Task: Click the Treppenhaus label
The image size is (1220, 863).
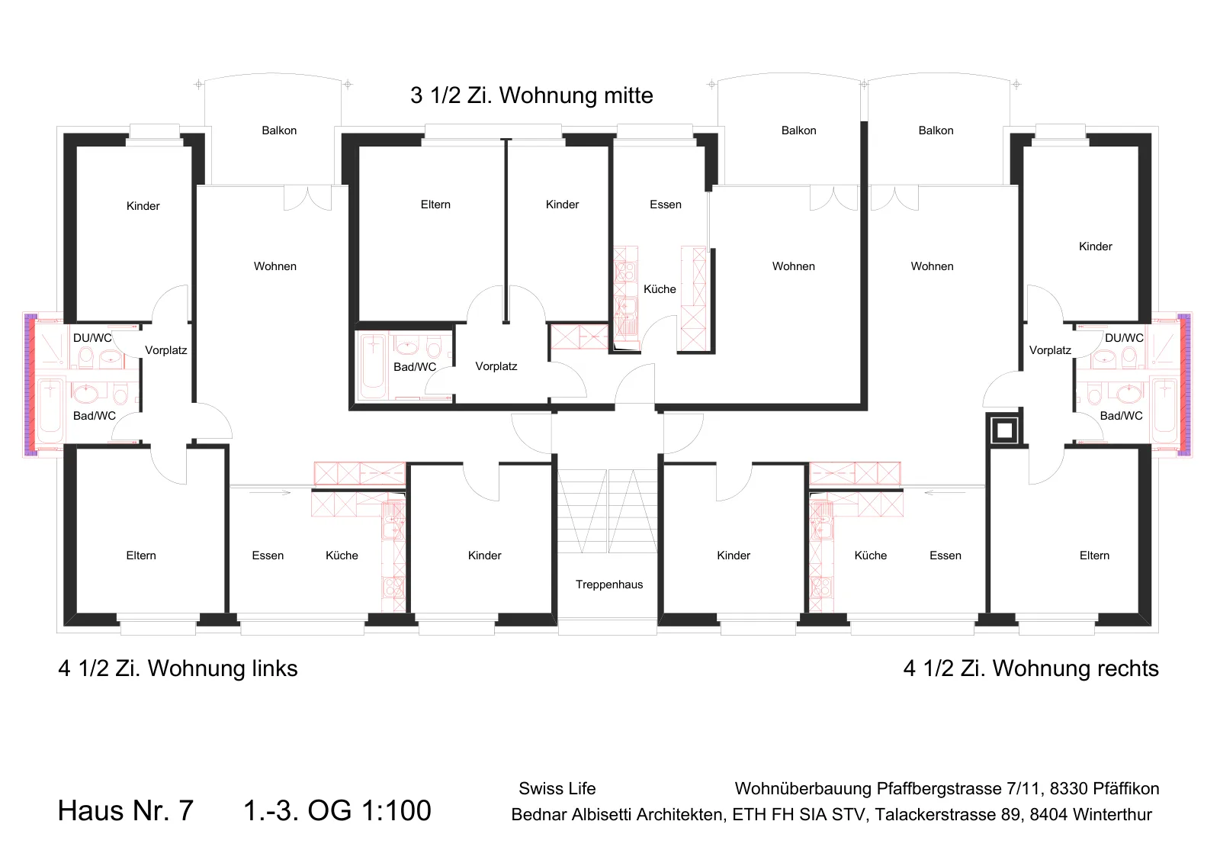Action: [609, 584]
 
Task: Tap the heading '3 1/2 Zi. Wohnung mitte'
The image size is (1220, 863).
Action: [531, 95]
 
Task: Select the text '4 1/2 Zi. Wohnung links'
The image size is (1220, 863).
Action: [178, 668]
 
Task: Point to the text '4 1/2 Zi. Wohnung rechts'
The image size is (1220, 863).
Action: [1031, 668]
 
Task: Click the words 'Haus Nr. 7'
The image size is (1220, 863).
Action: [126, 810]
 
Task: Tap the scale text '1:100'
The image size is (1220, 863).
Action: [396, 810]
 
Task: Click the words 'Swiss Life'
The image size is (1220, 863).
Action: [557, 788]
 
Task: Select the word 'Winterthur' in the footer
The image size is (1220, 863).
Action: [1112, 814]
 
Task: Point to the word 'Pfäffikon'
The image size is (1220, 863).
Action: [1125, 788]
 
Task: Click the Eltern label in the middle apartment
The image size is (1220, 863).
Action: [435, 204]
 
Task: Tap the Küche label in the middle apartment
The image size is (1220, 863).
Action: [660, 289]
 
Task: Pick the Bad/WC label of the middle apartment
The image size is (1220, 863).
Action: [415, 367]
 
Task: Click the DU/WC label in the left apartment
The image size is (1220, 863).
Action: [92, 338]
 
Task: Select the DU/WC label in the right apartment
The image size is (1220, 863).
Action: [1124, 338]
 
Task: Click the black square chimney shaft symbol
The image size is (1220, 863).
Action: [1004, 430]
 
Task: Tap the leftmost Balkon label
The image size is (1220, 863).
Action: [279, 130]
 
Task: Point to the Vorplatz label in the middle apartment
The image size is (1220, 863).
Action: [496, 366]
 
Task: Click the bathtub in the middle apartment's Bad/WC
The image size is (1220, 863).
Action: [373, 367]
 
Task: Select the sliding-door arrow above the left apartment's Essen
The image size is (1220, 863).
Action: [270, 493]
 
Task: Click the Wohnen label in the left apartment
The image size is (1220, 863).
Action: [275, 266]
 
